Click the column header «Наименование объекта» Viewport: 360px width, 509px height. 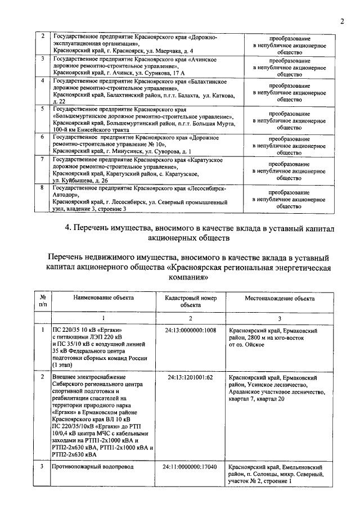point(102,298)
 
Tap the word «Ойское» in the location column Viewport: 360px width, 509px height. point(251,345)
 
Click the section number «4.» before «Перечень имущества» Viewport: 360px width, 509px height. point(68,229)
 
